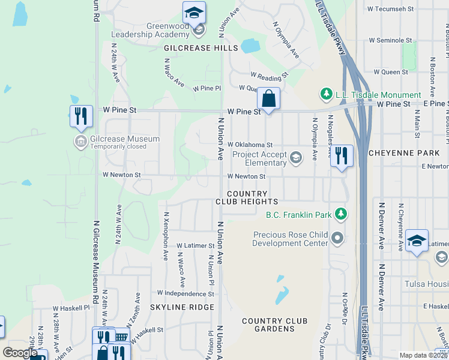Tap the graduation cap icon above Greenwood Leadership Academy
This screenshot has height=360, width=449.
coord(194,13)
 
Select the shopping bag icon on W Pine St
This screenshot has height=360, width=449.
coord(269,98)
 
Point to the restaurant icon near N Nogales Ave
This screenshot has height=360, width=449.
coord(342,155)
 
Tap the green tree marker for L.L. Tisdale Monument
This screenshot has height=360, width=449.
coord(326,94)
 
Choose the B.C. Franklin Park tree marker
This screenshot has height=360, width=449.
coord(340,214)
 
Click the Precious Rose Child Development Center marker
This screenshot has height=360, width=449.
coord(337,239)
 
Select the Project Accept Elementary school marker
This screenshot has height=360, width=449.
coord(295,158)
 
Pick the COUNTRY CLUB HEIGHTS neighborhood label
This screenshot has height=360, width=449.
coord(247,197)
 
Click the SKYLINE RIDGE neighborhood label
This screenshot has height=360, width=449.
coord(182,307)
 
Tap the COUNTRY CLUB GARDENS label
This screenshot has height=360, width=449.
coord(279,325)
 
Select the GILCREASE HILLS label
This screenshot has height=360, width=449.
coord(201,48)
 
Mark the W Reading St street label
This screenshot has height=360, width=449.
coord(270,76)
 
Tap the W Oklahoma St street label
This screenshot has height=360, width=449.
coord(250,145)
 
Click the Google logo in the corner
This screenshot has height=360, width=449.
coord(20,353)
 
